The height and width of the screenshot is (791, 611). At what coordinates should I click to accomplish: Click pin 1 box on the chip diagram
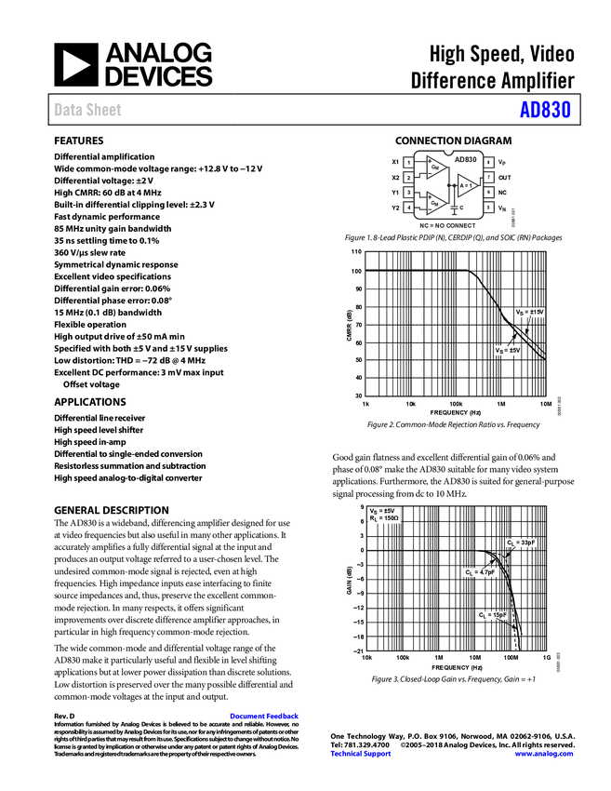click(x=408, y=163)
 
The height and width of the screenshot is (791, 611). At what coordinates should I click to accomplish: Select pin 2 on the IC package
click(x=408, y=178)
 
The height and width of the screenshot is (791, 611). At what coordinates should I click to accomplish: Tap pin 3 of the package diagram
click(x=408, y=193)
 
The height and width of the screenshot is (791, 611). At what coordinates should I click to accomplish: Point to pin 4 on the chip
click(x=408, y=208)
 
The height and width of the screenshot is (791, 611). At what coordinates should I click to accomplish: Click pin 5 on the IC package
click(x=488, y=208)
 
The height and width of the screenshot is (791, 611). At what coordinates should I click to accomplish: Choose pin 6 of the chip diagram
click(x=488, y=193)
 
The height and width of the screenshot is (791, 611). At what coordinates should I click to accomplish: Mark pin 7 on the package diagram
click(x=488, y=177)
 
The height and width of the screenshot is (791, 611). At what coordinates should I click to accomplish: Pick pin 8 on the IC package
click(x=488, y=163)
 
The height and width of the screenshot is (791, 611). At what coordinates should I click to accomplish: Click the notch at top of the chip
click(x=448, y=150)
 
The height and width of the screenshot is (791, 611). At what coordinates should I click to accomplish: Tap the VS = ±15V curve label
click(x=529, y=313)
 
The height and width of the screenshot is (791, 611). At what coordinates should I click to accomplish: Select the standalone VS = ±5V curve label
click(x=507, y=350)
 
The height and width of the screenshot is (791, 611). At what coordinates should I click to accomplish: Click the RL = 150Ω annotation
click(x=384, y=518)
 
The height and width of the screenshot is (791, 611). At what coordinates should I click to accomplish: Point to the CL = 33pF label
click(x=521, y=543)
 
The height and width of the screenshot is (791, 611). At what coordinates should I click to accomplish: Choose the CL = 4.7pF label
click(x=480, y=572)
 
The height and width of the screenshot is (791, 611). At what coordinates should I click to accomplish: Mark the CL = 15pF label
click(x=492, y=615)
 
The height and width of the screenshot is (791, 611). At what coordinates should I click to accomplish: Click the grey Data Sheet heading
click(x=88, y=111)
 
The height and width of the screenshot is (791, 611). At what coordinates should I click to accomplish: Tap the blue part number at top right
click(x=545, y=111)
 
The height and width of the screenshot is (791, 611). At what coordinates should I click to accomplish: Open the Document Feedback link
click(x=265, y=717)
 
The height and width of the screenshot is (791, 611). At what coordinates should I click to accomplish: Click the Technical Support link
click(x=361, y=754)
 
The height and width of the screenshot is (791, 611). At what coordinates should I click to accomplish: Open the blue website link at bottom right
click(x=543, y=754)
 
